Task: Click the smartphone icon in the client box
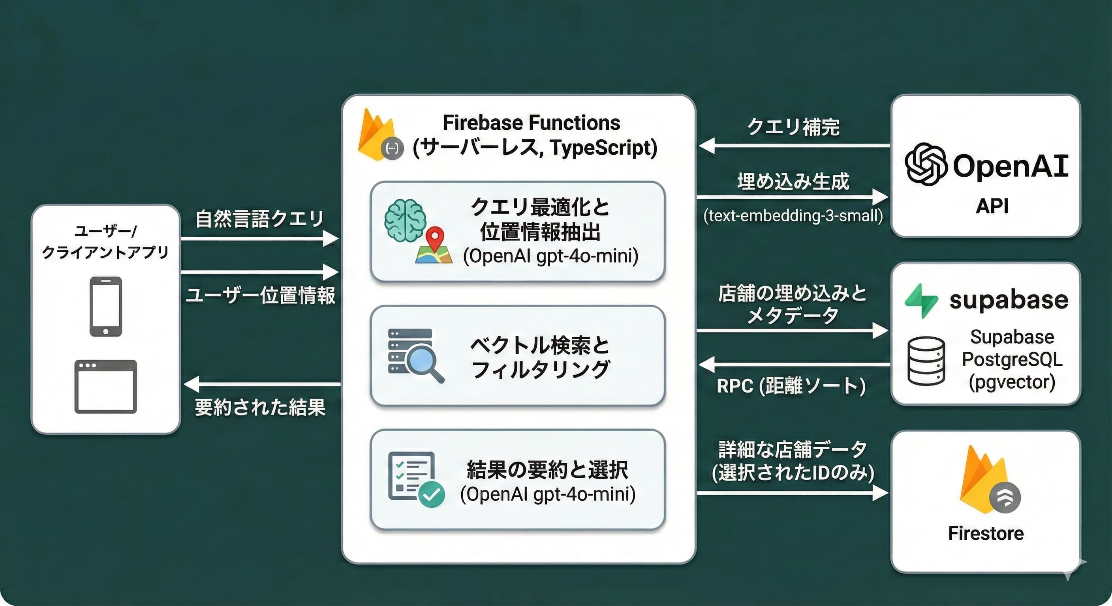tap(105, 306)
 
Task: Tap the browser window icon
tap(105, 387)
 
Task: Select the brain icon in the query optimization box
tap(404, 220)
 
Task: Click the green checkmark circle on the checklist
tap(431, 494)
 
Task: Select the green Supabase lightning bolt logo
tap(921, 301)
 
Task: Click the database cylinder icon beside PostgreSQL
tap(926, 361)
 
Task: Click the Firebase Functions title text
tap(531, 123)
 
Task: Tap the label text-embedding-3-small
tap(793, 215)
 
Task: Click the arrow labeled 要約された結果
tap(261, 384)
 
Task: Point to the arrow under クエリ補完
tap(793, 146)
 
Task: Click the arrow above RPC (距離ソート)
tap(793, 365)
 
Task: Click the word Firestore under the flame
tap(986, 533)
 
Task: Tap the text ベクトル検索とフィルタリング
tap(539, 357)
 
